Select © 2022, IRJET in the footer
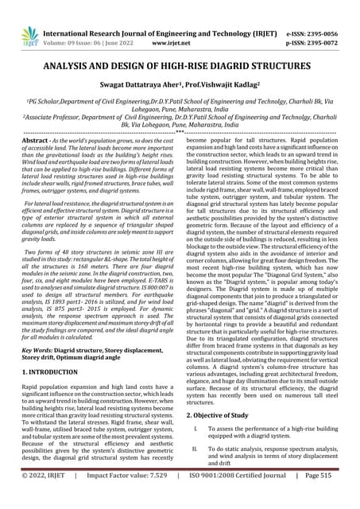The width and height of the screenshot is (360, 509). [47, 496]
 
